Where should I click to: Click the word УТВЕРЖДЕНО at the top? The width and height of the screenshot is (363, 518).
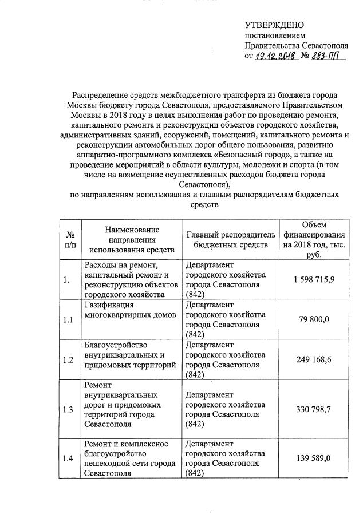pyautogui.click(x=274, y=25)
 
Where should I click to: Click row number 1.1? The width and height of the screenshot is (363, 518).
pyautogui.click(x=68, y=320)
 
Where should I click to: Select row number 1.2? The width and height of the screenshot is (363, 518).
pyautogui.click(x=68, y=360)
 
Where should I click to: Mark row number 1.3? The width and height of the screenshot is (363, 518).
pyautogui.click(x=68, y=409)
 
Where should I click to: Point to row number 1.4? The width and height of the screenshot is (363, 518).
pyautogui.click(x=68, y=458)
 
